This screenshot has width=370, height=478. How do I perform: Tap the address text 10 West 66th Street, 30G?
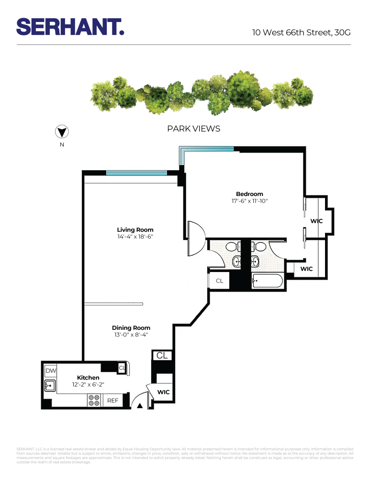pos(302,33)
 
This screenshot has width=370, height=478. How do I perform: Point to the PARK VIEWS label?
pos(193,129)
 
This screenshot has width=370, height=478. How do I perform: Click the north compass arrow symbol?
pos(61,132)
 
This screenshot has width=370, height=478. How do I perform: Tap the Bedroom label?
pos(249,194)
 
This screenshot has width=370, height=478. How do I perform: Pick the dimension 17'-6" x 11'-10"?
pos(249,201)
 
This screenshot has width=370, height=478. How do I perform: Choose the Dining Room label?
pos(131,327)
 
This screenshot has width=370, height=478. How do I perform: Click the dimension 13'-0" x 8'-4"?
pos(131,335)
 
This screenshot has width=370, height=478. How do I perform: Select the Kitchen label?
pos(88,378)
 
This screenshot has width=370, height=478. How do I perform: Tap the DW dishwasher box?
pos(50,371)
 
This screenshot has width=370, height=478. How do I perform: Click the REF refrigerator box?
pos(112,401)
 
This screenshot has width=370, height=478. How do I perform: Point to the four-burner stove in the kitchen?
pos(93,400)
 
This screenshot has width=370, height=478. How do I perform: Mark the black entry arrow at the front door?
pos(140,406)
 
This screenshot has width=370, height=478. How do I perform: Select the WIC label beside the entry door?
pos(164,392)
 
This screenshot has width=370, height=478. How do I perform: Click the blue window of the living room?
pos(136,173)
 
